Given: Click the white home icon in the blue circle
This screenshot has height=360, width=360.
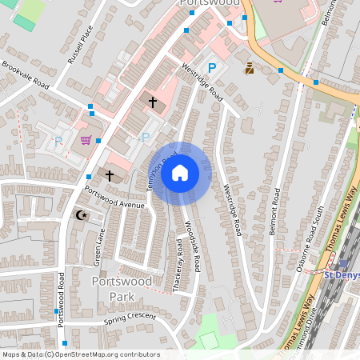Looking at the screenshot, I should pyautogui.click(x=180, y=173).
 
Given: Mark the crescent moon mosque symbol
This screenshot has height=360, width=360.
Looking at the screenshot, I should pyautogui.click(x=79, y=215).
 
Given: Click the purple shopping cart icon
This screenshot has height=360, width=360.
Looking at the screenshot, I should pyautogui.click(x=86, y=141).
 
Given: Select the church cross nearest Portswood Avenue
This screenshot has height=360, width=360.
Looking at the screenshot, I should pyautogui.click(x=110, y=174).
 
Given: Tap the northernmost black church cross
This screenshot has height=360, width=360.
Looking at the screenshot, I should pyautogui.click(x=153, y=101).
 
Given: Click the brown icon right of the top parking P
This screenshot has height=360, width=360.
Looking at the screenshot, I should pyautogui.click(x=250, y=69).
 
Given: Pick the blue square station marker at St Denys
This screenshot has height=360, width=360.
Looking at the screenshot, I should pyautogui.click(x=342, y=263).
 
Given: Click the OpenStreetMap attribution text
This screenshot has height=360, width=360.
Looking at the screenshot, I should pyautogui.click(x=80, y=354).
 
